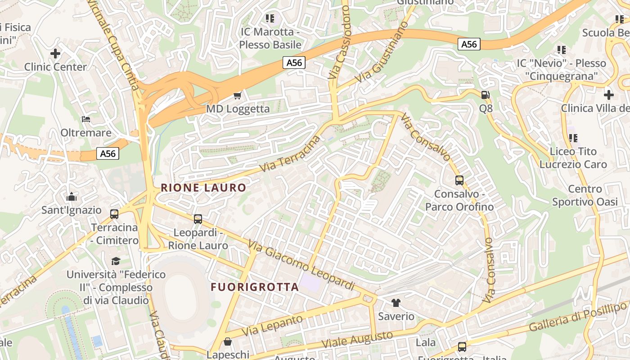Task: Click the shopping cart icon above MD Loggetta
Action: coord(238,95)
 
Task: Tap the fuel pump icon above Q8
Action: coord(485,95)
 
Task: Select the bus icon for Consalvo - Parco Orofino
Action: coord(459,180)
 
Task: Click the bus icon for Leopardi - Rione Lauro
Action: coord(198,219)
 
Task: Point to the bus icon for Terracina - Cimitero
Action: coord(114,214)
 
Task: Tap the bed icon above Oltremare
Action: coord(86,119)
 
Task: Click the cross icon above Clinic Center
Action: coord(55,54)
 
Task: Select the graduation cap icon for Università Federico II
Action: coord(116,261)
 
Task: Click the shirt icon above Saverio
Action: coord(396,302)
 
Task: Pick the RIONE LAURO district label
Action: coord(203,188)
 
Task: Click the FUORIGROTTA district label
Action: coord(255,287)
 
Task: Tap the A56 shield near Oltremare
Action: coord(108,154)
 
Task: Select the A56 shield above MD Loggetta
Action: coord(294,63)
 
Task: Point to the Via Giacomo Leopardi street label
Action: coord(301,265)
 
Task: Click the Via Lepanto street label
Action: coord(272,325)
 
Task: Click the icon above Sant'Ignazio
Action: coord(71,197)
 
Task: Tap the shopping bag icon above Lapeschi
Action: coord(228,341)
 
